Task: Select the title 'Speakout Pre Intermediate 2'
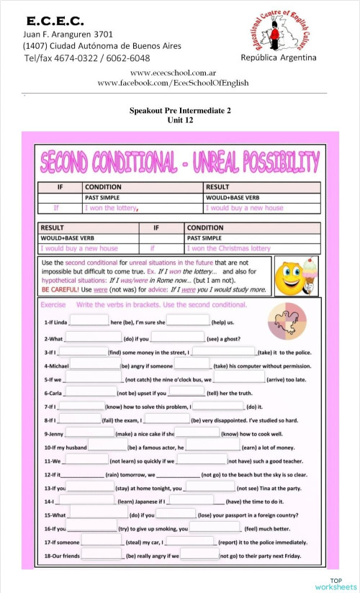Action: point(180,111)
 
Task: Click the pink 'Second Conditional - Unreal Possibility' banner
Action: point(180,162)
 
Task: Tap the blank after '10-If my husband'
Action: point(107,447)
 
